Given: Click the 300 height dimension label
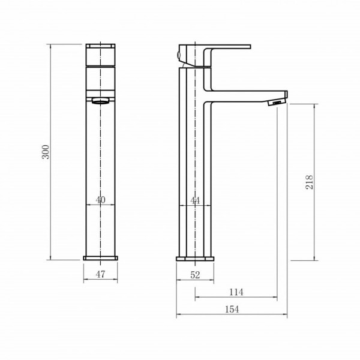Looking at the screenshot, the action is click(x=46, y=152).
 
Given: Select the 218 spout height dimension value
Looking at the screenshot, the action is click(x=309, y=182).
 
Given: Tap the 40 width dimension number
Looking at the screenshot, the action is click(x=101, y=200).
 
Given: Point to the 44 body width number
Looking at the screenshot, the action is click(x=195, y=201).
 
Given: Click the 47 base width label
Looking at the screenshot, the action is click(x=100, y=274).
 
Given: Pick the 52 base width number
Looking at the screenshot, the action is click(x=195, y=275).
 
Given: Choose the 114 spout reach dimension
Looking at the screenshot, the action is click(x=236, y=292).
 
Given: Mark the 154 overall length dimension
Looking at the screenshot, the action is click(x=232, y=309).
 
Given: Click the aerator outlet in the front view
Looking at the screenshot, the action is click(x=101, y=101).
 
